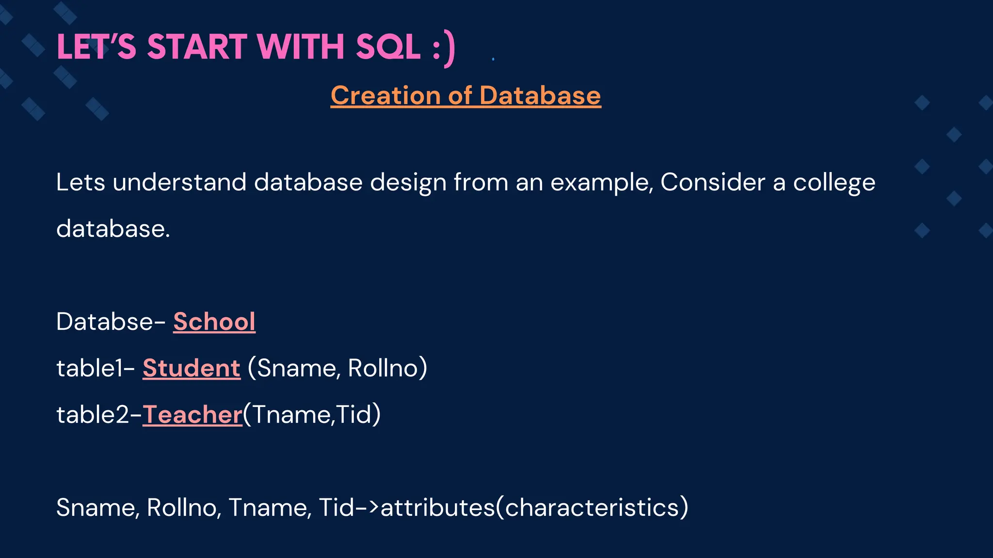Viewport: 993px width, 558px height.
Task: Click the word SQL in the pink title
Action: (x=387, y=47)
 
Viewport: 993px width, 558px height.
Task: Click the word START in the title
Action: (x=197, y=47)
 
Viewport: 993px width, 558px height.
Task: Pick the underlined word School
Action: (x=214, y=322)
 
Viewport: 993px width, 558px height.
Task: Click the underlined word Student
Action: (x=191, y=368)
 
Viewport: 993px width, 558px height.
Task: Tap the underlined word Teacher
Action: (x=192, y=415)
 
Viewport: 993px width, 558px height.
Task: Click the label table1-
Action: (x=95, y=368)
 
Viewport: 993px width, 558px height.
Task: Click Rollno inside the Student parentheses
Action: (x=383, y=368)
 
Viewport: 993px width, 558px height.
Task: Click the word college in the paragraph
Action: (x=833, y=183)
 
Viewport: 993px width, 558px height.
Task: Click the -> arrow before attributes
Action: (x=368, y=508)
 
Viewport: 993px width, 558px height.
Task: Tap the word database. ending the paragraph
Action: (x=113, y=229)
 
